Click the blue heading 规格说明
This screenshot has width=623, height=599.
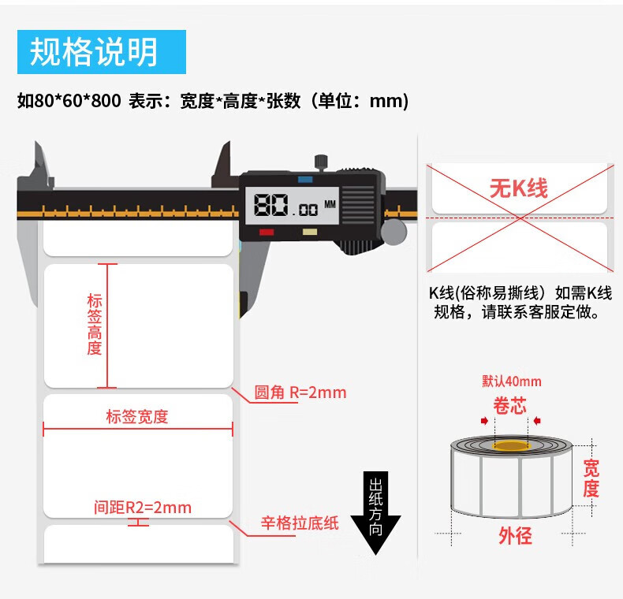94,51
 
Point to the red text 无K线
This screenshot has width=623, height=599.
518,188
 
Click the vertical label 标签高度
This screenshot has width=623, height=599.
95,325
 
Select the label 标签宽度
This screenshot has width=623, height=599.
137,417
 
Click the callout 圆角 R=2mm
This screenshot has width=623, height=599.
300,393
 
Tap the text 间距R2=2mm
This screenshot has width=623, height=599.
142,507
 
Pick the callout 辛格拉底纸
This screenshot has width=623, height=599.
300,523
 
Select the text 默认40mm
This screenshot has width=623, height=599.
512,381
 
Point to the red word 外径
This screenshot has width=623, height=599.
515,536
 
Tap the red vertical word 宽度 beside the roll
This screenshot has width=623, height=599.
591,478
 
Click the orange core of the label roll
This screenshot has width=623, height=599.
510,446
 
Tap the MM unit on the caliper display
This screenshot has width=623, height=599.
330,203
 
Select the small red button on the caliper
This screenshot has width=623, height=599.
266,233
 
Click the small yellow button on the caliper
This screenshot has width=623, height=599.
310,233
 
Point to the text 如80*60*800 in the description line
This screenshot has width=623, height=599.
69,101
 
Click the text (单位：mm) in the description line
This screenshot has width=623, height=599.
358,101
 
